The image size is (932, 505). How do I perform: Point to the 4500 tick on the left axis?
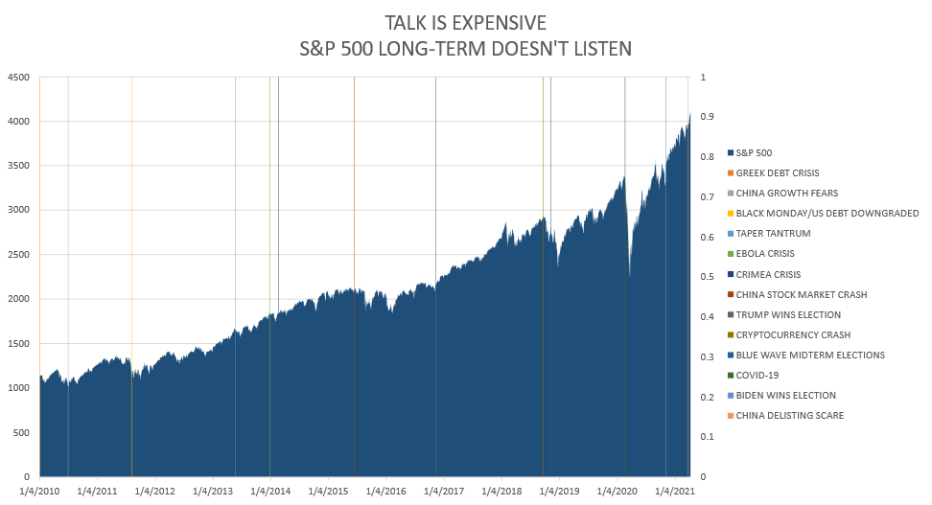tap(18, 78)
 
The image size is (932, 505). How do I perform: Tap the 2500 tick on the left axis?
tap(18, 255)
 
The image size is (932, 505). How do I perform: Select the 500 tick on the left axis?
tap(21, 432)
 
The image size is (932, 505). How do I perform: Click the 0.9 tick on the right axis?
tap(708, 117)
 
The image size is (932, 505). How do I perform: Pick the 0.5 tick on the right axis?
tap(708, 277)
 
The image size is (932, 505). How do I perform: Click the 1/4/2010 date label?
tap(38, 492)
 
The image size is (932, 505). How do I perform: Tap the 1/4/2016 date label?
tap(385, 492)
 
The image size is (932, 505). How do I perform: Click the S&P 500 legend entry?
tap(754, 152)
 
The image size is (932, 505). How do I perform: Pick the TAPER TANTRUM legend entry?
tap(770, 233)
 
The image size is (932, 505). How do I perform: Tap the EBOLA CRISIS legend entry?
tap(764, 254)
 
